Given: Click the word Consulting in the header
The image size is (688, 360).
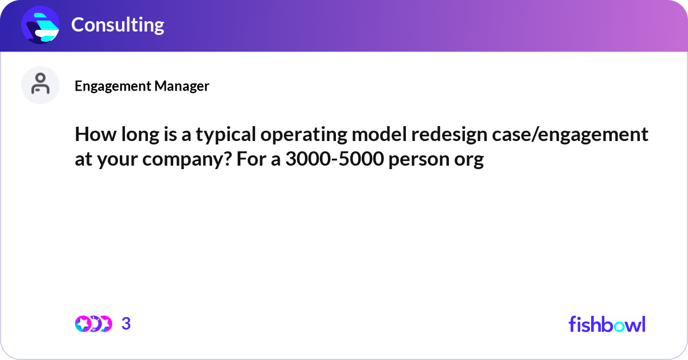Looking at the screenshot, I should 118,25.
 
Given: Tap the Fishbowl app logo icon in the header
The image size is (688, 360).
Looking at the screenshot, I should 40,25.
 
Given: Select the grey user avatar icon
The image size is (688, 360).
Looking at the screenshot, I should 40,85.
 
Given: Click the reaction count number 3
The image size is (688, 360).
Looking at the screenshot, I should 126,324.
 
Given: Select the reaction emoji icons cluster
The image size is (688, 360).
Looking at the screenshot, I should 93,324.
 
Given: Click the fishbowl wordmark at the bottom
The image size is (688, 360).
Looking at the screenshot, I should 607,324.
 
